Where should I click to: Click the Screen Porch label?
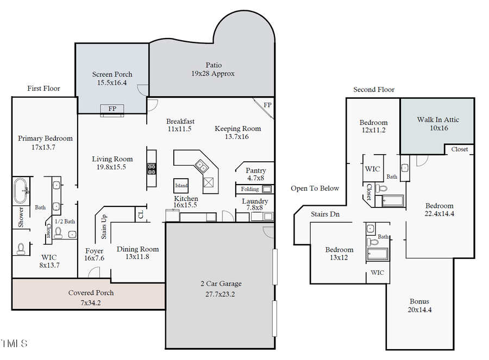point(112,74)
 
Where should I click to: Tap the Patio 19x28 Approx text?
point(213,69)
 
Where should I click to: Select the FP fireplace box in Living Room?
point(112,109)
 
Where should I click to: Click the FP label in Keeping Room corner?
point(267,105)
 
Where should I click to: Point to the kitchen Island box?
point(181,185)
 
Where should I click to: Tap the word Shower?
point(21,217)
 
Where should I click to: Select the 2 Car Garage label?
point(220,283)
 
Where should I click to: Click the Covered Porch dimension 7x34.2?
point(91,302)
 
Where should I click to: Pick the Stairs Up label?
point(104,227)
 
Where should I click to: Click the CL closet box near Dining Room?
point(141,215)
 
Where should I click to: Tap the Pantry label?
point(256,170)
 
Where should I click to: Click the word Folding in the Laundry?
point(250,190)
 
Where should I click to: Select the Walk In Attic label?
point(437,119)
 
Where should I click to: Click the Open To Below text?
point(315,188)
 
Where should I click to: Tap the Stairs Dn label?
point(325,214)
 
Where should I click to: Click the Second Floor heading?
point(374,90)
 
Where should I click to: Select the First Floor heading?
point(43,89)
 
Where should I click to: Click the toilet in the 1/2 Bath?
point(59,234)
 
